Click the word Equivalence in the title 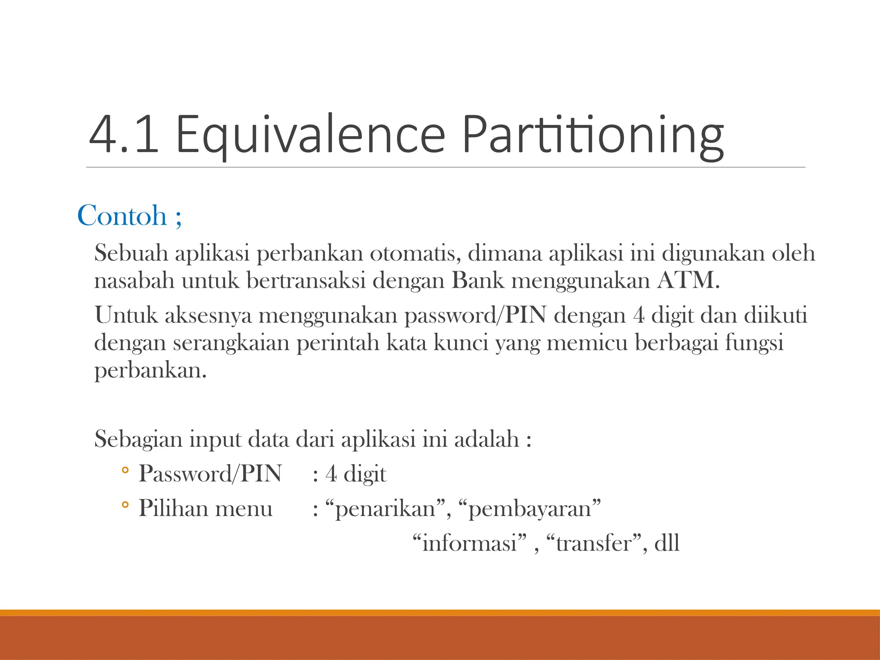click(310, 134)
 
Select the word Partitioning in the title click(593, 134)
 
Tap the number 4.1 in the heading click(124, 134)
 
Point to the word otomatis click(415, 253)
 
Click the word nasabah click(134, 281)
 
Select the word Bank click(477, 281)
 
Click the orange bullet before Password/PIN click(125, 471)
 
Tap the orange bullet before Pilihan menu click(125, 505)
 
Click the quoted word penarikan click(385, 509)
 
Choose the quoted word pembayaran click(529, 509)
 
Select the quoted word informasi click(469, 543)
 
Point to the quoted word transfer click(594, 543)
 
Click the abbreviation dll click(666, 543)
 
